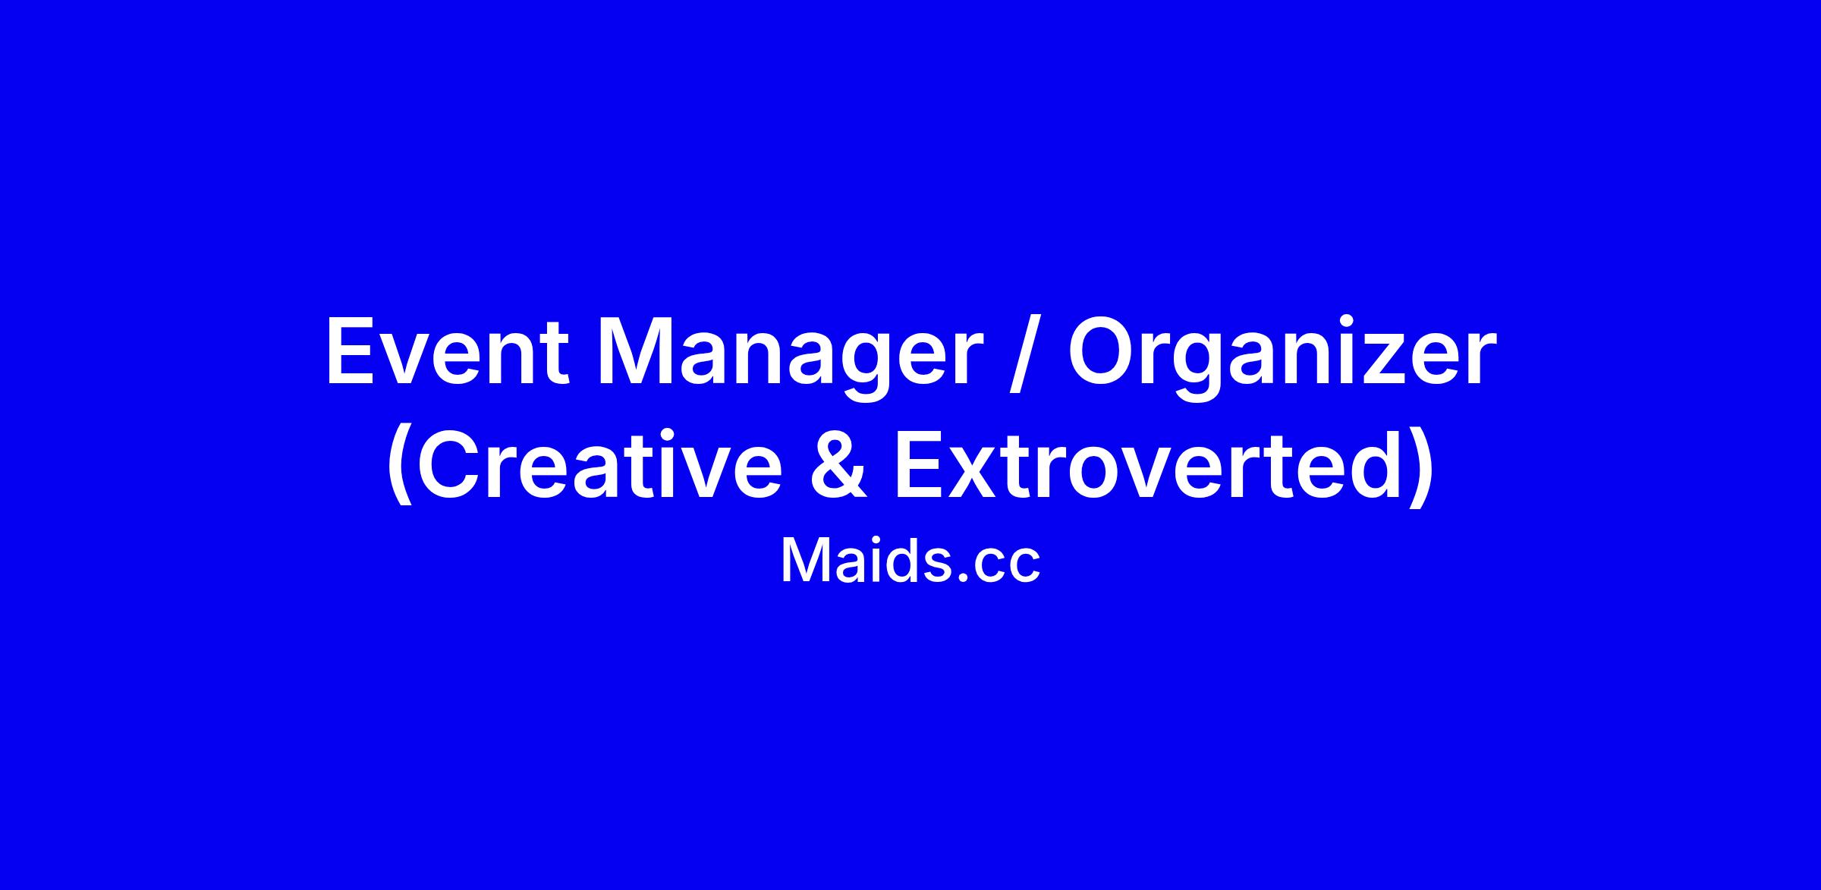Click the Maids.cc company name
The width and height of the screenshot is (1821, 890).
tap(910, 561)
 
